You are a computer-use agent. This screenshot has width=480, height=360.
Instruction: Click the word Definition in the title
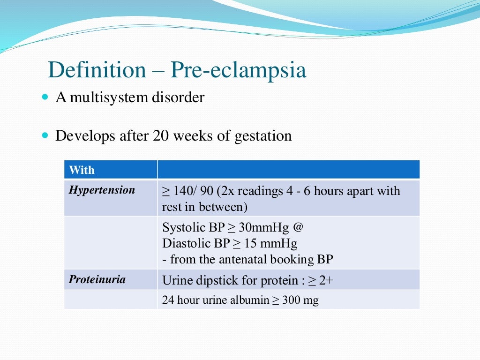(97, 70)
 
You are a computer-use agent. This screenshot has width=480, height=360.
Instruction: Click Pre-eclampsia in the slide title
(238, 70)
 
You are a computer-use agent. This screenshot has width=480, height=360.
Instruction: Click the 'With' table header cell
(82, 170)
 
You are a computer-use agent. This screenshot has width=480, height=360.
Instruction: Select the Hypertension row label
(102, 190)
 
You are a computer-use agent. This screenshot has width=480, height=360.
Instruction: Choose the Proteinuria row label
(97, 279)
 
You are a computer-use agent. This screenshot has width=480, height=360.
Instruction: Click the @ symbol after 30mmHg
(298, 228)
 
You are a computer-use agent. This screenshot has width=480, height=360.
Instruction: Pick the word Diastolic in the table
(184, 244)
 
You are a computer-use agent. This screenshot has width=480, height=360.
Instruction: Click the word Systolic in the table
(180, 228)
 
